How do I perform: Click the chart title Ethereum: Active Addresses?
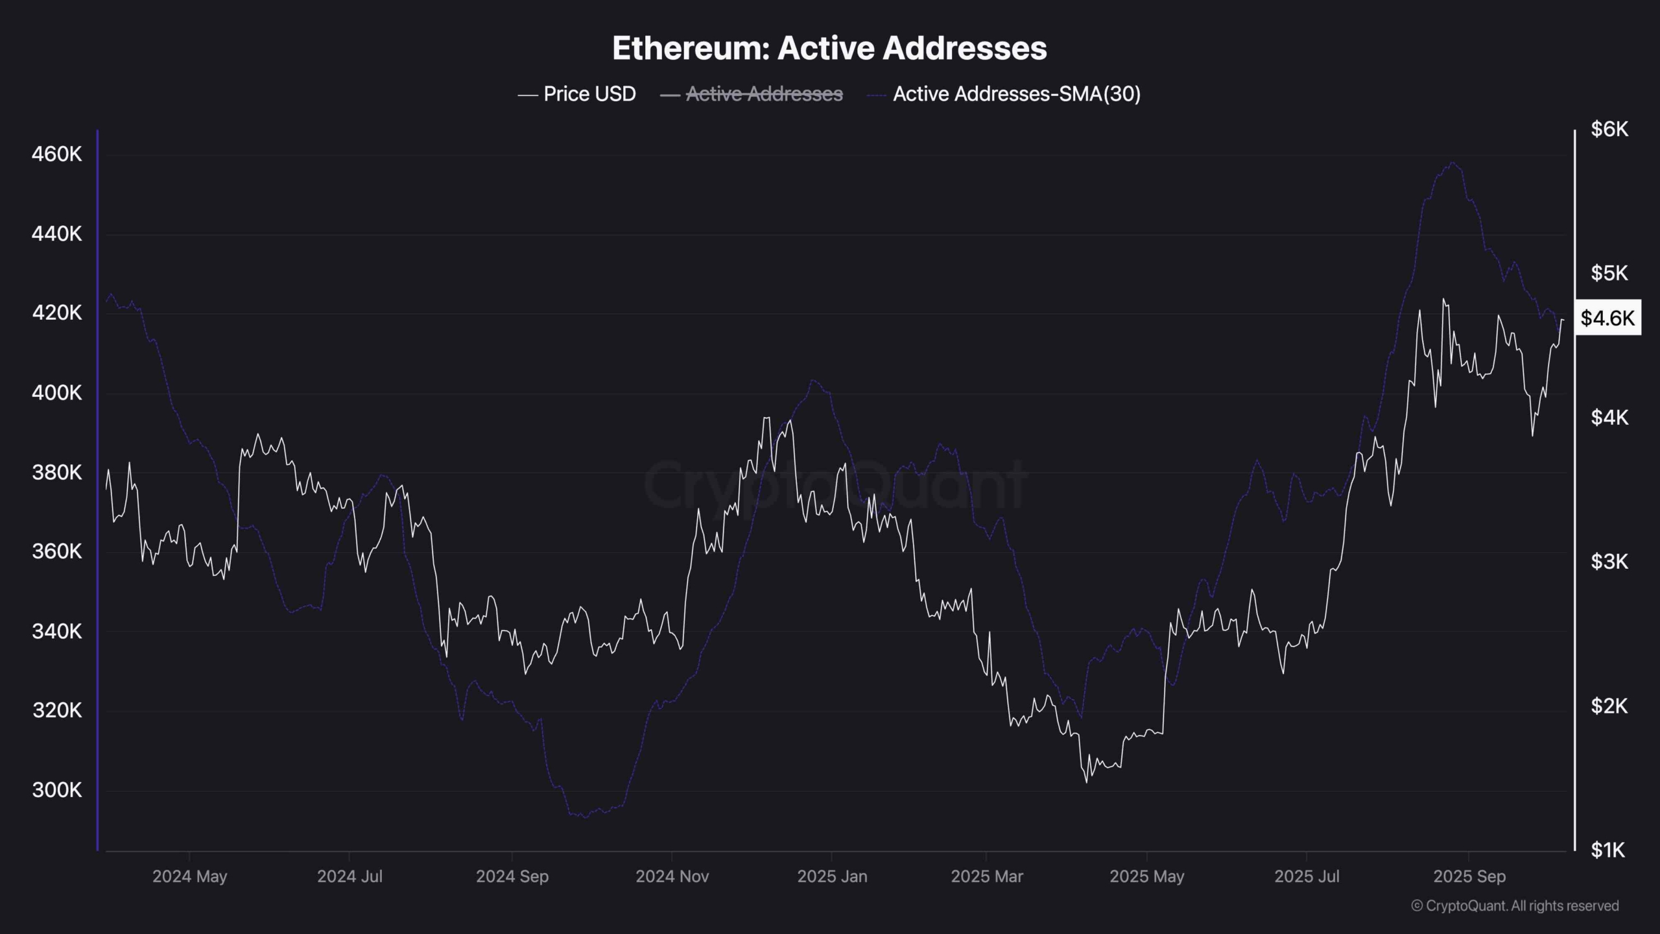[829, 48]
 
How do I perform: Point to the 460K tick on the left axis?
[57, 154]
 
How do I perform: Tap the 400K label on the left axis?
[57, 392]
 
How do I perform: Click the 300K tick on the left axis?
[57, 790]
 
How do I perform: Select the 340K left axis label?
[57, 631]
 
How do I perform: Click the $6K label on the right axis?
[1609, 129]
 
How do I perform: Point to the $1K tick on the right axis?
[1608, 850]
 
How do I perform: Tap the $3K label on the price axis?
[1609, 561]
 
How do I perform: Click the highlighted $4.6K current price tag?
[1607, 318]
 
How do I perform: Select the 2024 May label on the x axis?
[189, 876]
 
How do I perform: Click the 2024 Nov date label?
[672, 876]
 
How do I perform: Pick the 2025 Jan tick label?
[832, 876]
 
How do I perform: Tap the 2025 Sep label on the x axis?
[1469, 876]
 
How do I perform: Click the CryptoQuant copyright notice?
[1515, 905]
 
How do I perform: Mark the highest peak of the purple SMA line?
[1453, 163]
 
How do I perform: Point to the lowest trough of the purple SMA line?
[586, 817]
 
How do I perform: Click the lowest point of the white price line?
[1086, 782]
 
